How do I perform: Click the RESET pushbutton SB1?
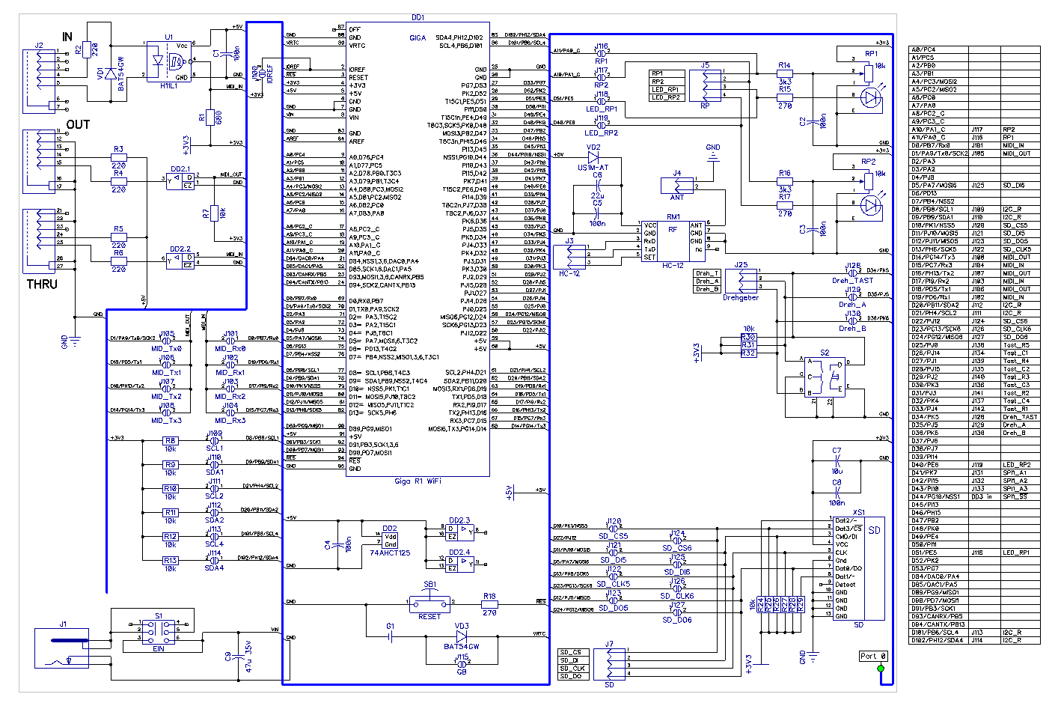[429, 602]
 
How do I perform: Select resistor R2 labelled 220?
[87, 50]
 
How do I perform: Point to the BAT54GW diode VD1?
[112, 73]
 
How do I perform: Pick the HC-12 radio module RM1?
[673, 240]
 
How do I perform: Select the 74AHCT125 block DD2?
[390, 541]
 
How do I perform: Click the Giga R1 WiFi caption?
[418, 481]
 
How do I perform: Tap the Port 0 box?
[873, 656]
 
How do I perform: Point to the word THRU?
[42, 284]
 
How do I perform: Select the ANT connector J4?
[677, 185]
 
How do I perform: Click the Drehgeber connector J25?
[741, 281]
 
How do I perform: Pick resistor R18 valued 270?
[489, 602]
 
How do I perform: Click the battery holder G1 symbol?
[390, 636]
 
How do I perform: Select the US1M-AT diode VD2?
[593, 159]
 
